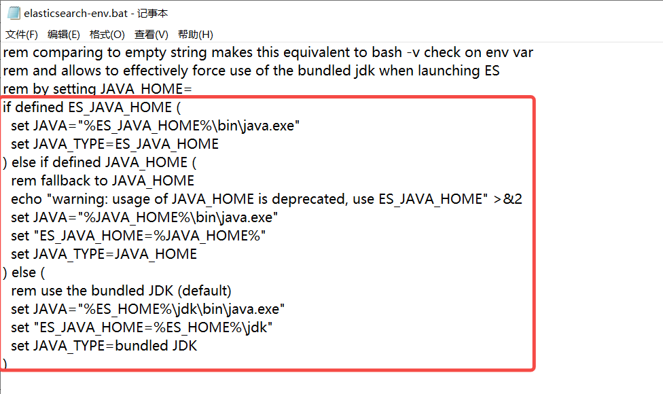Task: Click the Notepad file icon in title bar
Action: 13,13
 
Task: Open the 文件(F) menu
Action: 22,34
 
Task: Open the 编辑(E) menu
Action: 64,34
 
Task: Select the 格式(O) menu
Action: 107,34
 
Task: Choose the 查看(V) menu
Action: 151,34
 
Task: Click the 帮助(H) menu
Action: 196,34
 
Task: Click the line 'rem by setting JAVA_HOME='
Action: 98,89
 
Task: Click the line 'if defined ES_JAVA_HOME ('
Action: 92,107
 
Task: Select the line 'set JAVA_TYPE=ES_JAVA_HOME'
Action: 115,144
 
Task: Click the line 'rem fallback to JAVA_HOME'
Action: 103,181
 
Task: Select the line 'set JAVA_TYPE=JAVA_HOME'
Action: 104,254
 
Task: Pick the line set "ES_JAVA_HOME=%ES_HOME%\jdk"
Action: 141,327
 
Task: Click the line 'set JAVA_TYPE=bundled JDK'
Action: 104,346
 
